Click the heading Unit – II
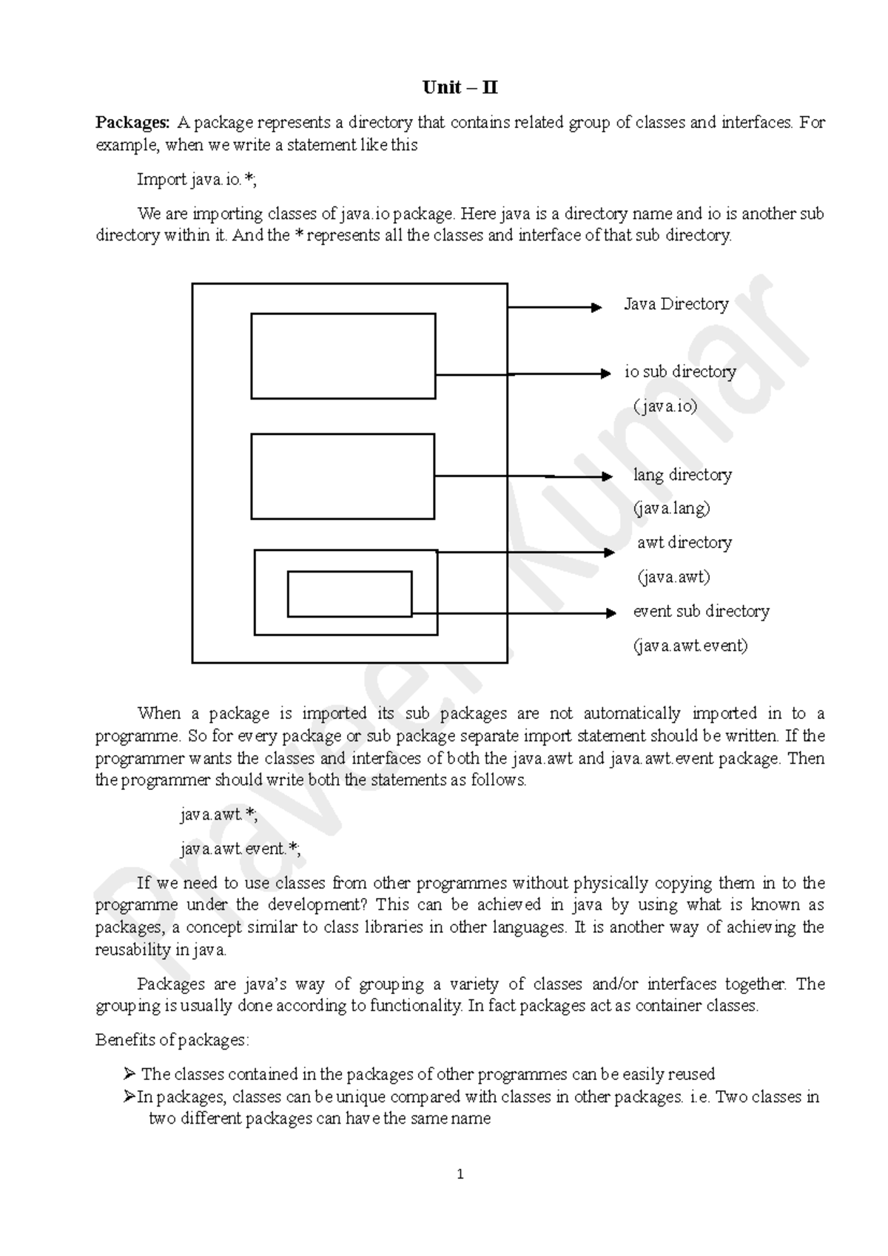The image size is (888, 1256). [x=460, y=88]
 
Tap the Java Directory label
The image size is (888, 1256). [x=676, y=304]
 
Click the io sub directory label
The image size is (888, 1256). [x=680, y=372]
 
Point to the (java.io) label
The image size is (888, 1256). [x=665, y=406]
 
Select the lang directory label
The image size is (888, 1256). [x=682, y=475]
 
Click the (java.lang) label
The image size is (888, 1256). [x=671, y=509]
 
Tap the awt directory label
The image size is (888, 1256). [x=684, y=543]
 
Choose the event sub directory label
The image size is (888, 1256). [x=701, y=612]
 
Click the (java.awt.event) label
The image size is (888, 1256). [x=690, y=646]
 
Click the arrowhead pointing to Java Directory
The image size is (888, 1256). [x=596, y=308]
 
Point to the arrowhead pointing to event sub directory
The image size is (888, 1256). [x=610, y=613]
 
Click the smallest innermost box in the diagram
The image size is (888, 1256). [x=349, y=593]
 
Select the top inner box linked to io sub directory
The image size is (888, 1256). [x=343, y=356]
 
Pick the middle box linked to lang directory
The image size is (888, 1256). [x=343, y=476]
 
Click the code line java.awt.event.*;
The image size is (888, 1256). [x=240, y=849]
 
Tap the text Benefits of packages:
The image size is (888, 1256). [x=172, y=1040]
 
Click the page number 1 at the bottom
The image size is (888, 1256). [x=460, y=1175]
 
